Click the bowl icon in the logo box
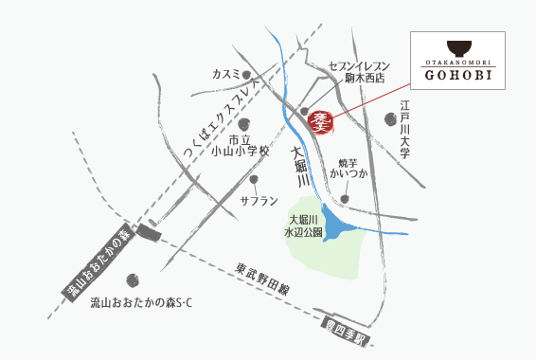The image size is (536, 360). (457, 45)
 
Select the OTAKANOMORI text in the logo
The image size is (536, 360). (457, 62)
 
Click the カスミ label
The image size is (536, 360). (225, 73)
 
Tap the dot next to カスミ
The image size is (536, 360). (247, 74)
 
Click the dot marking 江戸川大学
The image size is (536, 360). (390, 118)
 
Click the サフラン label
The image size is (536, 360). (259, 201)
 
